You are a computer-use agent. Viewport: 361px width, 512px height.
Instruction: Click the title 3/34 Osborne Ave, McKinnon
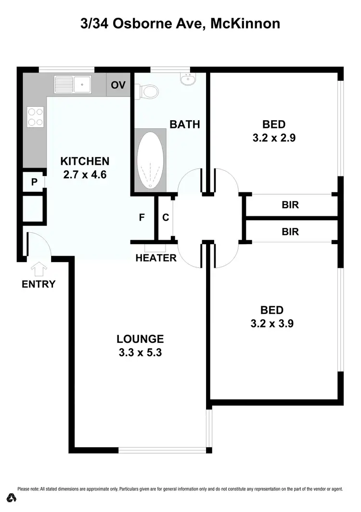pos(180,23)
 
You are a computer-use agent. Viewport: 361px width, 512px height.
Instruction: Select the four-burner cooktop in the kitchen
pos(35,116)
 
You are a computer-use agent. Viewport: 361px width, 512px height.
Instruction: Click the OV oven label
pos(118,86)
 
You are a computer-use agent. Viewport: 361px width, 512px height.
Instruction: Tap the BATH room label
pos(184,125)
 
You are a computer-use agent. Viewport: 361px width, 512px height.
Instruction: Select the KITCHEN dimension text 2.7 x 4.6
pos(84,175)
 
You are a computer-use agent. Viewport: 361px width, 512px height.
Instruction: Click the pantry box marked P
pos(34,182)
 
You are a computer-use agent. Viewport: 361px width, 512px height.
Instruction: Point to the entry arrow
pos(38,266)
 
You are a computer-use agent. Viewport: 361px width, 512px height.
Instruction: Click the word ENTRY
pos(39,284)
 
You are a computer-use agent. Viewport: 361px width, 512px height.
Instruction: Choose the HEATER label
pos(155,258)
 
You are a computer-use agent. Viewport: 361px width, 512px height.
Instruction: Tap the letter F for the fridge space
pos(142,217)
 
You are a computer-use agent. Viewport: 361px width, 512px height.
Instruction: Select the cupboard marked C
pos(165,217)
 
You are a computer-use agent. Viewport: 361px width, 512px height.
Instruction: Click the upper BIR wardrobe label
pos(290,205)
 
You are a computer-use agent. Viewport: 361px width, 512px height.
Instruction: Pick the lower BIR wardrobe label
pos(290,232)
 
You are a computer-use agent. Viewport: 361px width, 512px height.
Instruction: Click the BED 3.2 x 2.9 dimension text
pos(273,138)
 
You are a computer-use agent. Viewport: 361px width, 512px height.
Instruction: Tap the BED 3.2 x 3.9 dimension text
pos(272,324)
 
